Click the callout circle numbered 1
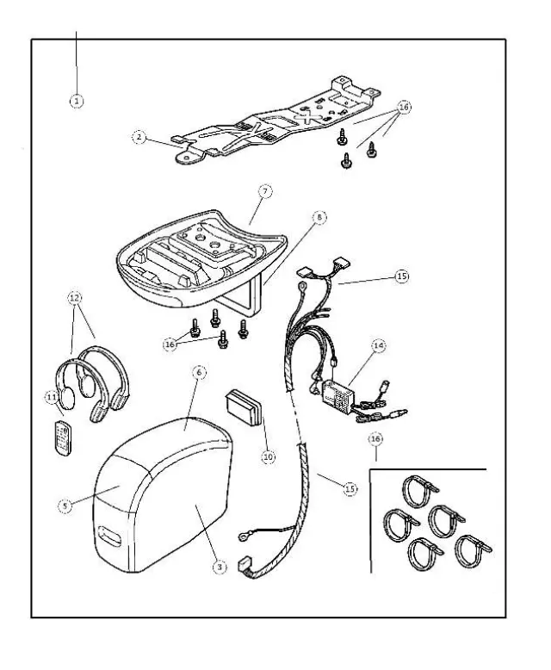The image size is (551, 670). (77, 101)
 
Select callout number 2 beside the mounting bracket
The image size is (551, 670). (138, 136)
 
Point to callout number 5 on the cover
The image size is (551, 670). (65, 507)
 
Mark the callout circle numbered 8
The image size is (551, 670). (318, 219)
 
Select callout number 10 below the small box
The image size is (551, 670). (268, 456)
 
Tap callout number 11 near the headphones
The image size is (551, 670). (52, 396)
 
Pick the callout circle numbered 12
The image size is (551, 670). (76, 298)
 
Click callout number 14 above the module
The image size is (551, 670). (377, 346)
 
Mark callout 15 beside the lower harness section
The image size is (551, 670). (349, 489)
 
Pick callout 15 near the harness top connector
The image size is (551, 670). (400, 276)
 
